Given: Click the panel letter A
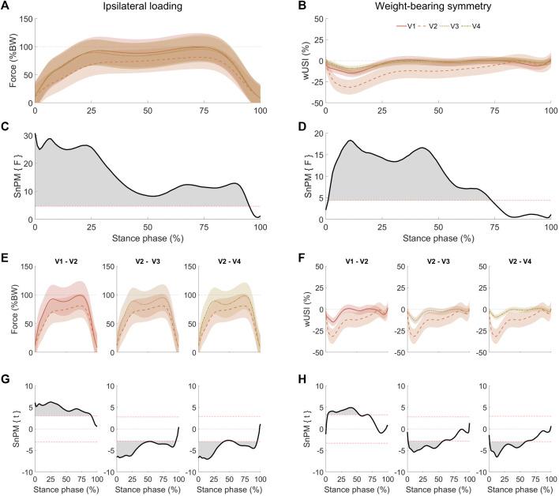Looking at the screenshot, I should tap(6, 6).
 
